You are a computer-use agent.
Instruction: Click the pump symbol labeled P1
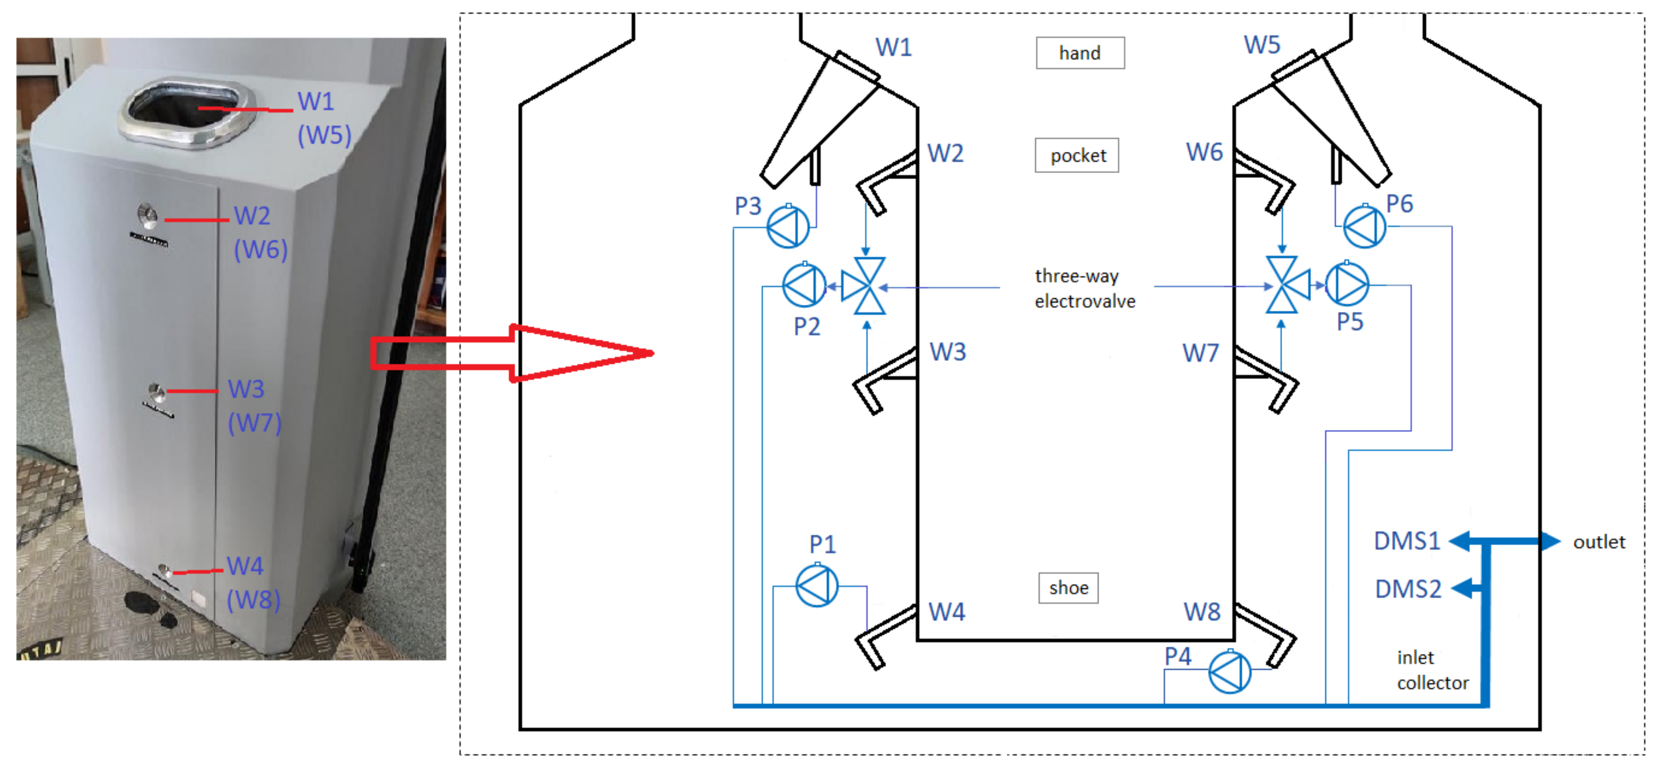coord(816,586)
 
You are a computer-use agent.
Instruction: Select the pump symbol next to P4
coord(1229,672)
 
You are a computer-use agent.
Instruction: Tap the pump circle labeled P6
coord(1364,226)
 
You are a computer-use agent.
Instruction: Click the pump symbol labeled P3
coord(788,227)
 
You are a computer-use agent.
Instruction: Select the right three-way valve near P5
coord(1285,285)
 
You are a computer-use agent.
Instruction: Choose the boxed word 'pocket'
coord(1077,155)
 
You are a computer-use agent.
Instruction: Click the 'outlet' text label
coord(1598,542)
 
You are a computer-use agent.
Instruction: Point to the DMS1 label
coord(1406,540)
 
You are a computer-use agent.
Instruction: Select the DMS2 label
coord(1408,589)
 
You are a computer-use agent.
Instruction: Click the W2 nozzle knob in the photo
coord(148,216)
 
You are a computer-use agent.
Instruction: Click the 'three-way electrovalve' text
coord(1085,288)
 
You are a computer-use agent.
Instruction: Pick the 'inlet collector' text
coord(1431,670)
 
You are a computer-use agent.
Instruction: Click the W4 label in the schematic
coord(946,612)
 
